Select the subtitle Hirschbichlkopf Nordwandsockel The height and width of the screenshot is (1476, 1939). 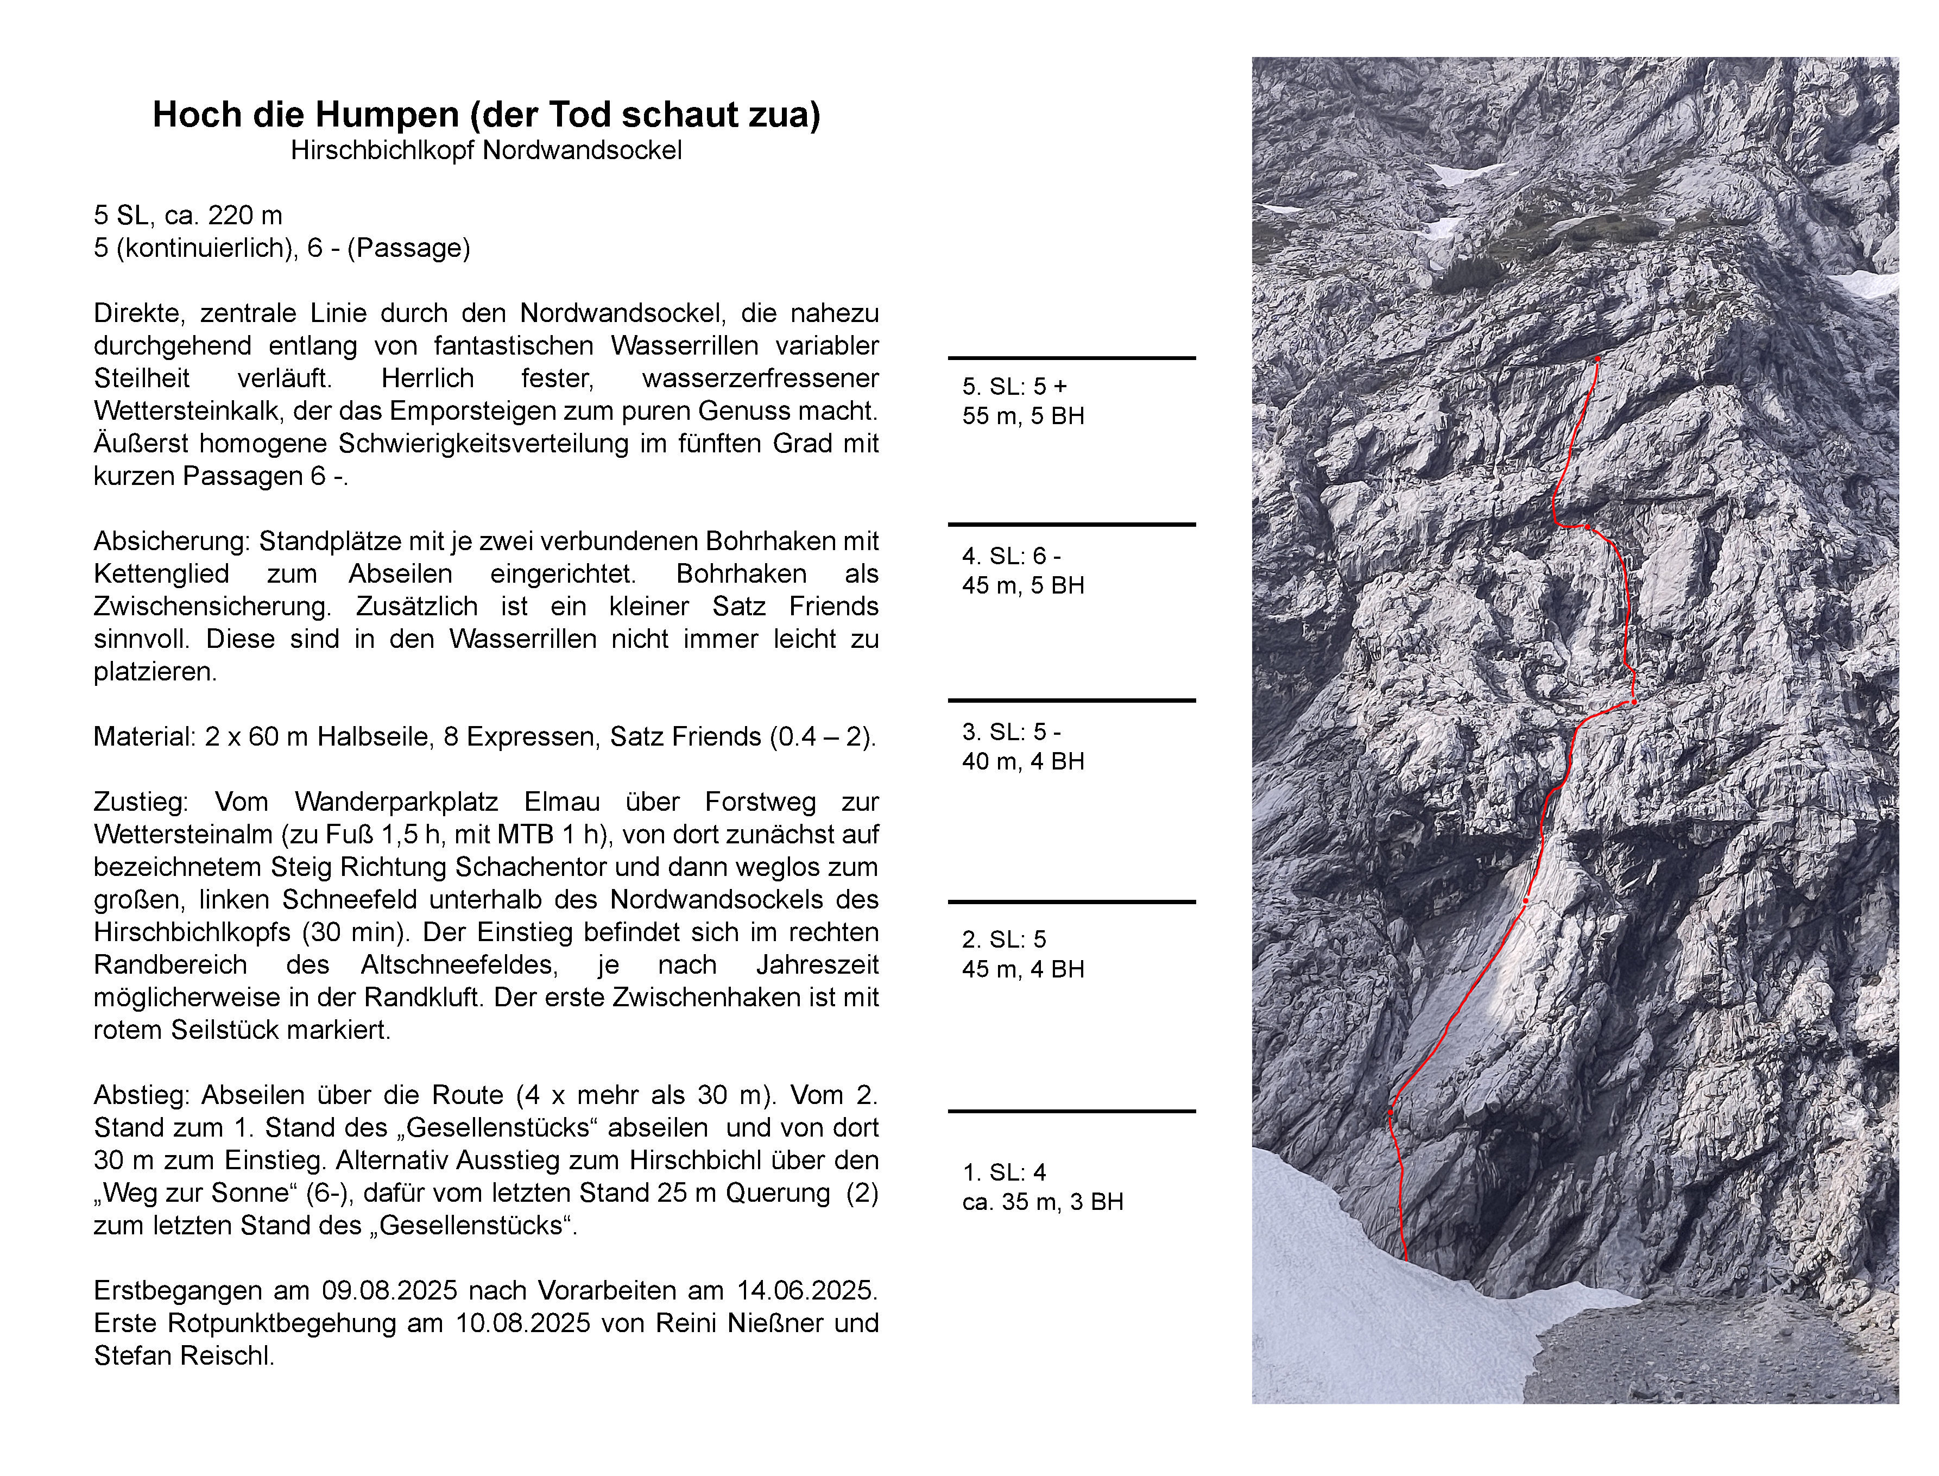486,151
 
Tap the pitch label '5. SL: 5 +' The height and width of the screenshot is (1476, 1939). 1015,387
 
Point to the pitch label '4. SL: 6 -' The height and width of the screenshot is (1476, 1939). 1011,556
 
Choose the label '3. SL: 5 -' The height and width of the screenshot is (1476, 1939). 1011,732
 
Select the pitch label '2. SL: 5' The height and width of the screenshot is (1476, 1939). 1003,939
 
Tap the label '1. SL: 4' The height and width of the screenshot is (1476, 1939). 1003,1172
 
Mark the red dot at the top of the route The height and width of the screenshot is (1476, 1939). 1597,359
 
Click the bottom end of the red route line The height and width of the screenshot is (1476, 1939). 1406,1259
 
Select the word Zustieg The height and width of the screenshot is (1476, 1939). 141,802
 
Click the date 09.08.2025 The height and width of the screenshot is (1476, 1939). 389,1291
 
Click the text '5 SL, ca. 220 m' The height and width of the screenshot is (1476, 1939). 188,215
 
